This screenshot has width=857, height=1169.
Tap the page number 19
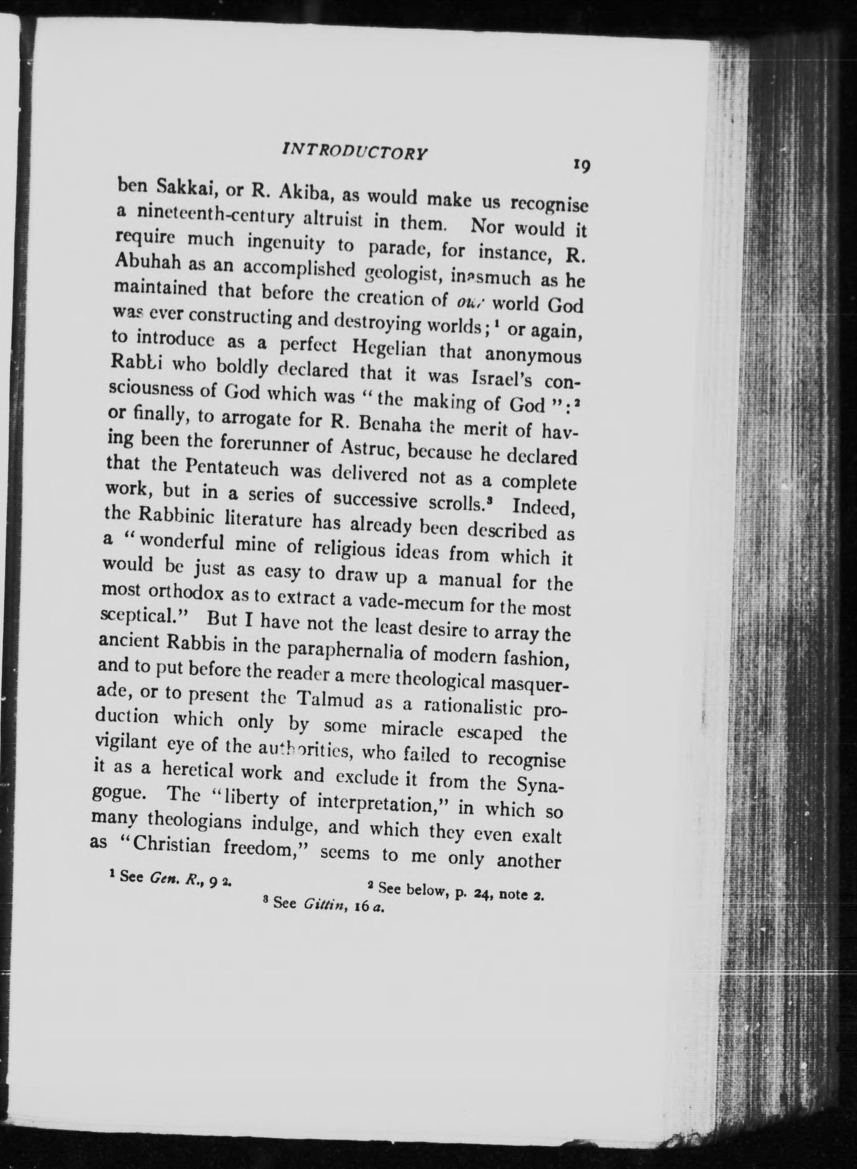coord(581,166)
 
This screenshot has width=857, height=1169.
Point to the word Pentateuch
coord(230,469)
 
